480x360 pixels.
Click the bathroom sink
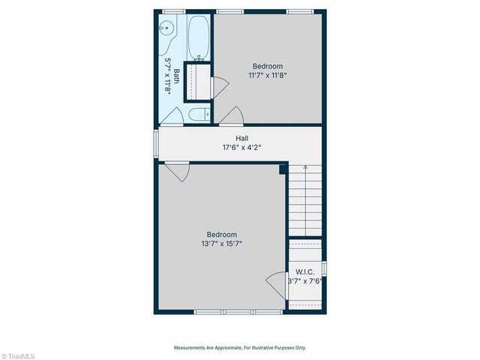166,28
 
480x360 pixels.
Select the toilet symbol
199,115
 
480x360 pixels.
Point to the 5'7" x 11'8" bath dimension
168,76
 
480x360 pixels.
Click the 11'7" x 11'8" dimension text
268,75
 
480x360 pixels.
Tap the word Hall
242,138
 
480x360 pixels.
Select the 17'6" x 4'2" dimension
242,148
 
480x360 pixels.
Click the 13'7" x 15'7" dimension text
221,243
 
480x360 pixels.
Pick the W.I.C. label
304,271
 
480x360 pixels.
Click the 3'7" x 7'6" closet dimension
304,281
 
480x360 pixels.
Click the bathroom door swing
172,116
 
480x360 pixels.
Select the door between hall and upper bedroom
231,115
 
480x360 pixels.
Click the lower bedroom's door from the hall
177,172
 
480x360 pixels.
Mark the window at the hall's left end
156,142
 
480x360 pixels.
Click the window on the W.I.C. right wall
324,268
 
